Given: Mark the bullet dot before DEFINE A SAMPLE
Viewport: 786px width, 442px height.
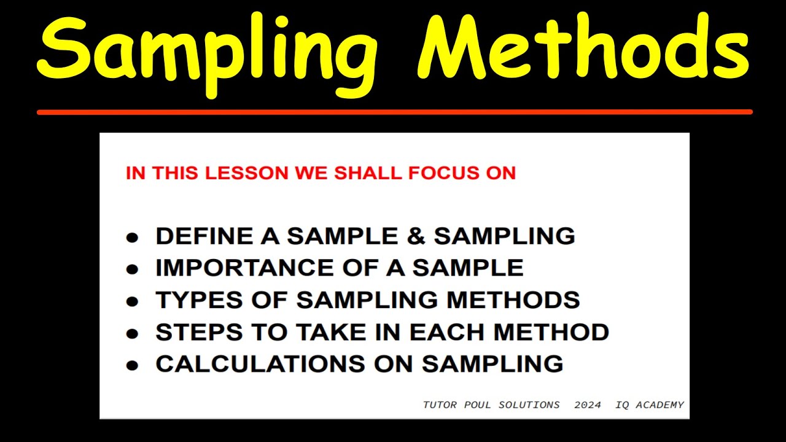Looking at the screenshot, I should (132, 238).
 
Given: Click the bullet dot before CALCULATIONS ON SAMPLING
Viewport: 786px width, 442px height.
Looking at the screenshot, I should (132, 365).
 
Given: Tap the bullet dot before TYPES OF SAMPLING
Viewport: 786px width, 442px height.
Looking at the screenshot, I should (132, 301).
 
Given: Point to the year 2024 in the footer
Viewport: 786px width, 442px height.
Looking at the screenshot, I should (588, 405).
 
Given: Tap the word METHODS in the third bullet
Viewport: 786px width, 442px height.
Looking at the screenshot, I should (513, 300).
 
